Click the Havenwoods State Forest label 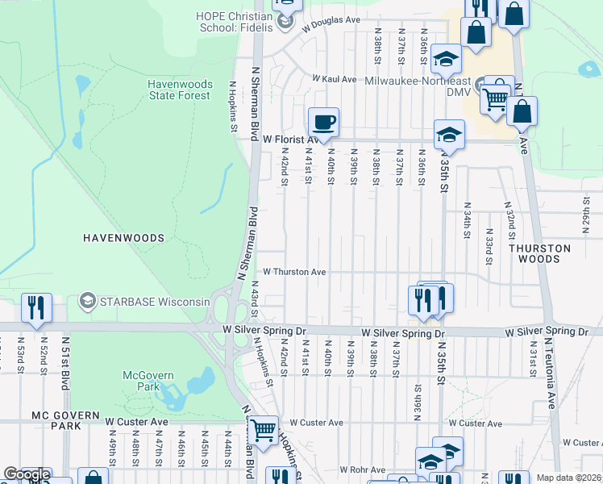(x=179, y=90)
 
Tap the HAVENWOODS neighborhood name (x=123, y=238)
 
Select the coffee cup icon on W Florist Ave (x=323, y=123)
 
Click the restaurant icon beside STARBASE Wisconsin (x=36, y=308)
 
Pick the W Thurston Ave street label (x=294, y=272)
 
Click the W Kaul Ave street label (x=335, y=79)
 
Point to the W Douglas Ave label (x=331, y=23)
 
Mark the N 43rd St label (x=254, y=294)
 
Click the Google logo (x=26, y=474)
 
